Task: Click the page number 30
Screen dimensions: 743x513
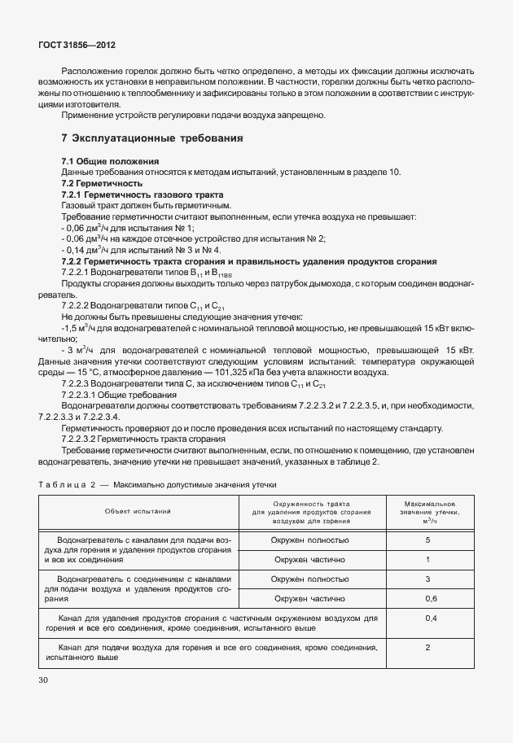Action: click(x=42, y=679)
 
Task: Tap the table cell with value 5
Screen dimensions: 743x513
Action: click(x=427, y=540)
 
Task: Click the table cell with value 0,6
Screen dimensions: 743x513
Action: click(x=427, y=599)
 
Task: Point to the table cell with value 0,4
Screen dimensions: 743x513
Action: click(x=427, y=619)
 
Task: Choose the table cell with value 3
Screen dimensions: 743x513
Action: click(x=427, y=579)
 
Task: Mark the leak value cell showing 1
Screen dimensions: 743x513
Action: click(x=427, y=560)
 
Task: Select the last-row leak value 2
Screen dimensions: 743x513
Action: click(x=427, y=647)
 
